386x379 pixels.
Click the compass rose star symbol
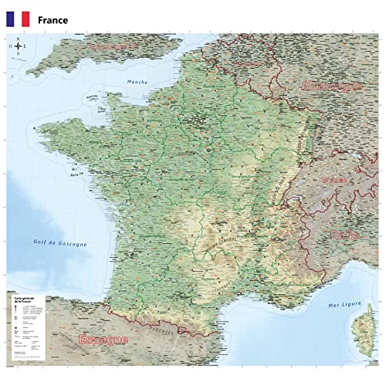coord(18,48)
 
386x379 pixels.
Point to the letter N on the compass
coord(18,39)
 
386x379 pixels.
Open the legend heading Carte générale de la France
coord(22,298)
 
